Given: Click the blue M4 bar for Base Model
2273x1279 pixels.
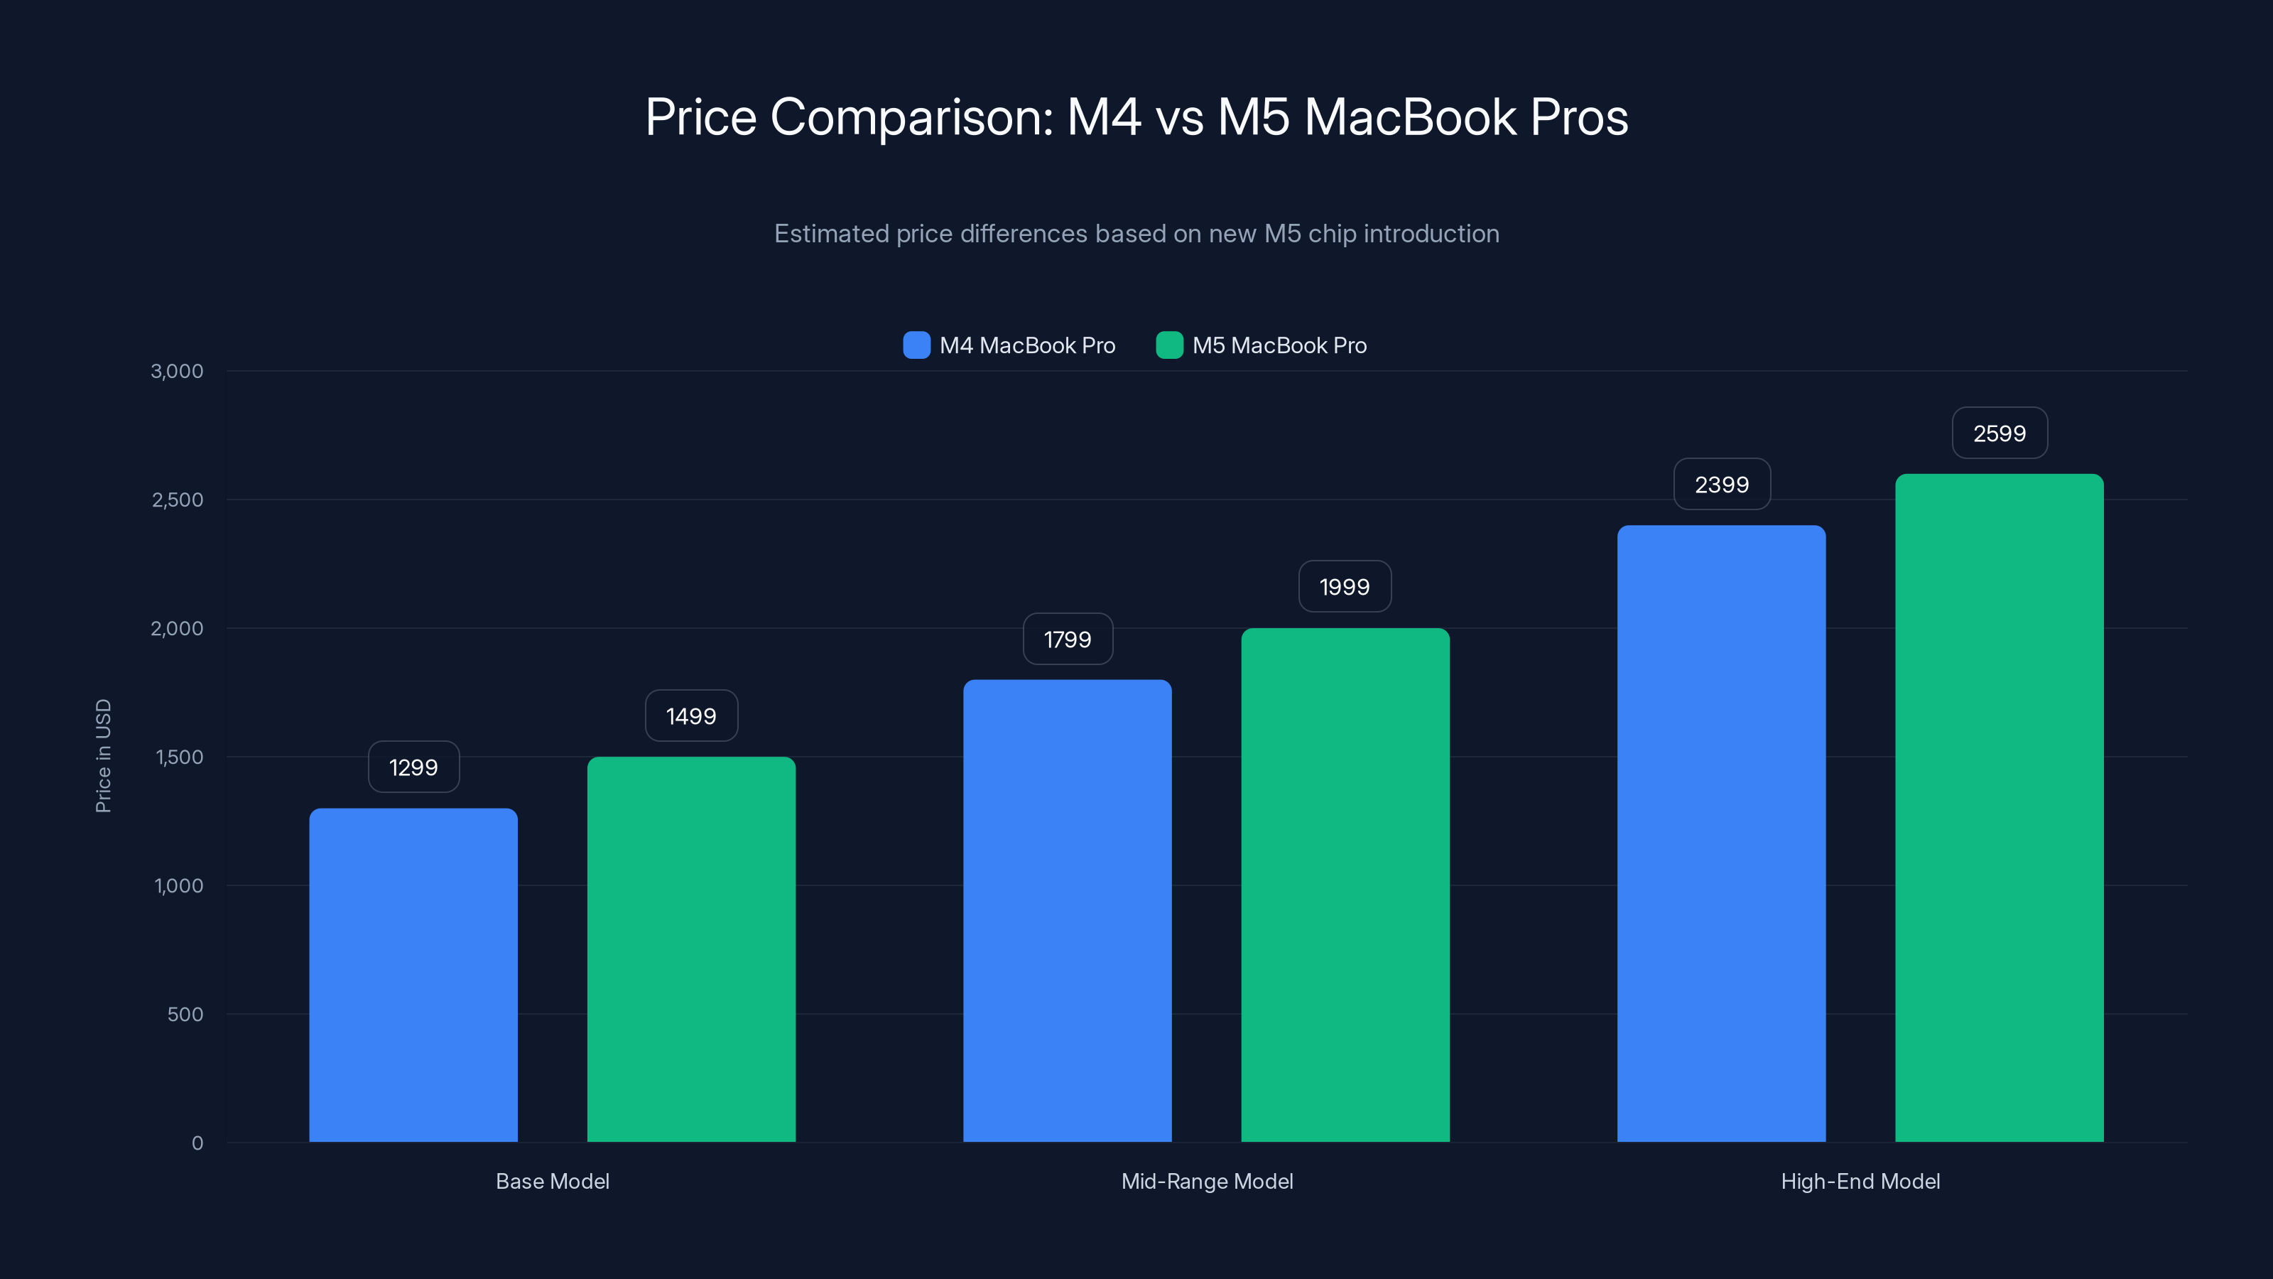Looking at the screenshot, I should click(x=413, y=976).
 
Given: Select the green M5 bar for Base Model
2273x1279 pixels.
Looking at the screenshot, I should click(x=691, y=949).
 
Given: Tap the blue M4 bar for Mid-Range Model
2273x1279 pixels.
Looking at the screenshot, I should click(x=1067, y=910).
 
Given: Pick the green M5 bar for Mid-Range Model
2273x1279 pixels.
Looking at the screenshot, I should click(x=1345, y=885).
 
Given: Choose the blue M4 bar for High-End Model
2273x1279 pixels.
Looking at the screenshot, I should click(x=1720, y=833).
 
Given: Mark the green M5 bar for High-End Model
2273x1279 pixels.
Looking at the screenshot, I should click(x=1999, y=808).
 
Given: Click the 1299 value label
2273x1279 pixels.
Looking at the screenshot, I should click(x=413, y=767).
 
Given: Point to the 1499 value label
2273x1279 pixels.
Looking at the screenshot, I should click(x=691, y=716).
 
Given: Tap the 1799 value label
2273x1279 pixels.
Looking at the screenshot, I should click(x=1067, y=639).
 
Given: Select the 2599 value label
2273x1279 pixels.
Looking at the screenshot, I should click(x=1999, y=433).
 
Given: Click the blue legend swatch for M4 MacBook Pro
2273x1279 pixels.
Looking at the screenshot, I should click(x=916, y=345).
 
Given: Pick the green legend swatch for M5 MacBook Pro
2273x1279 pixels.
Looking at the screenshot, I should click(x=1169, y=345).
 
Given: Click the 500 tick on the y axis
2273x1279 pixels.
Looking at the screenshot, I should click(x=185, y=1014).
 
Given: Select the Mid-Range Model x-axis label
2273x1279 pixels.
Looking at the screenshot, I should click(x=1206, y=1181).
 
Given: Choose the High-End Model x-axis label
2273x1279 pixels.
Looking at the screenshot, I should click(x=1860, y=1181).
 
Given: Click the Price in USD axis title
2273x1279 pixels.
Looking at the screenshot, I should click(x=103, y=755).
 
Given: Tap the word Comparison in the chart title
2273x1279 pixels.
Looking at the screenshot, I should click(x=911, y=117).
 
